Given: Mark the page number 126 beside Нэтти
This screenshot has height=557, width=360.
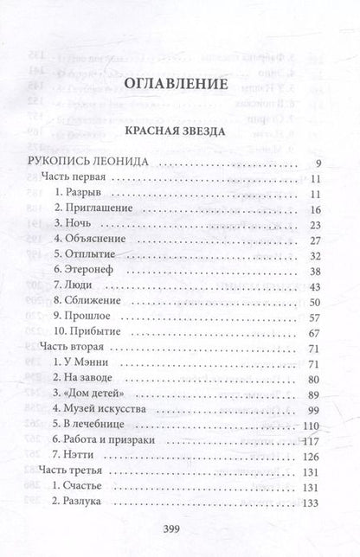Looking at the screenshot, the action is pyautogui.click(x=313, y=455).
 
